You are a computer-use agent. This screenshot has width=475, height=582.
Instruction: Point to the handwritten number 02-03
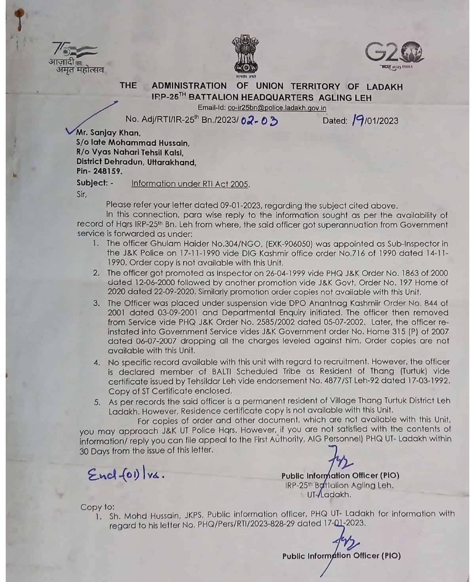click(x=259, y=120)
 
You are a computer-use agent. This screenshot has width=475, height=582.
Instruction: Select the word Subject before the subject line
click(x=92, y=183)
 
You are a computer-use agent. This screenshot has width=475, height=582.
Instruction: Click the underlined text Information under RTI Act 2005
click(x=190, y=184)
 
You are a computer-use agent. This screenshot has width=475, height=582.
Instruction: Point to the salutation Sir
click(x=82, y=194)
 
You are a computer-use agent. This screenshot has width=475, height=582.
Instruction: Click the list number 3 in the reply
click(x=97, y=303)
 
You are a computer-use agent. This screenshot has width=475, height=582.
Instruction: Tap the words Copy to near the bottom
click(x=97, y=507)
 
